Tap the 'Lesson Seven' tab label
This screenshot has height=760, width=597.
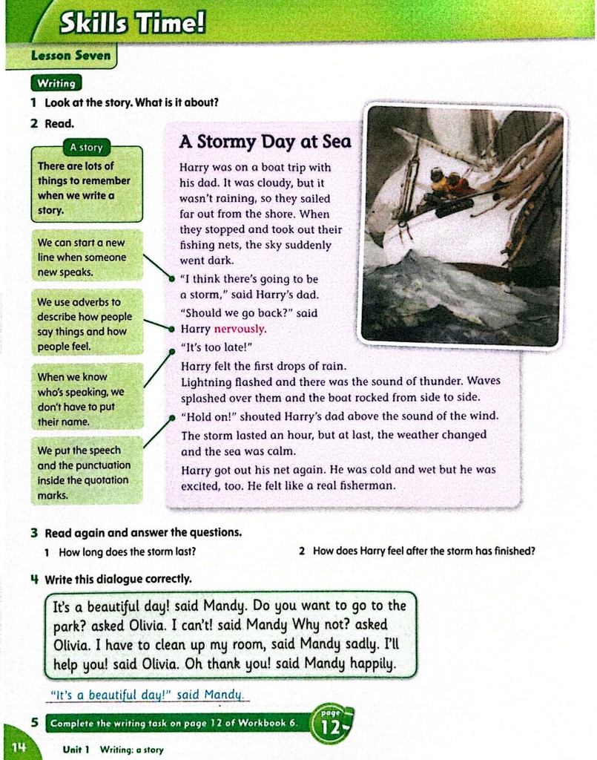click(x=70, y=55)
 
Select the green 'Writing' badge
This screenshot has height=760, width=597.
click(x=56, y=84)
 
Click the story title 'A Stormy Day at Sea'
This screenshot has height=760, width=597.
click(x=265, y=142)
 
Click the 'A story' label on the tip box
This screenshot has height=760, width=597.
click(x=86, y=147)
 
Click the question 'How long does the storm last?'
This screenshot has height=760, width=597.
click(x=128, y=551)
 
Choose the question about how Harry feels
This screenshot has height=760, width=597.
click(x=423, y=551)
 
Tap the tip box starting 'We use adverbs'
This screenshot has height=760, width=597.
click(x=86, y=324)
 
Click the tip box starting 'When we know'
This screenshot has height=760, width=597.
click(x=86, y=399)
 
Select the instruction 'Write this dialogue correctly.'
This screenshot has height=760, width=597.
click(x=118, y=578)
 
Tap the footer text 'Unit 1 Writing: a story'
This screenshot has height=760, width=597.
click(x=113, y=750)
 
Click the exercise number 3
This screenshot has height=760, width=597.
click(x=34, y=533)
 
